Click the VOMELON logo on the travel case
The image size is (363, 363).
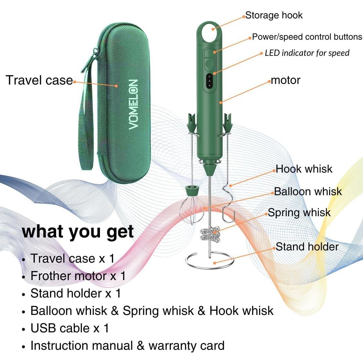133,104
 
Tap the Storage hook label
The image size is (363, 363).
274,15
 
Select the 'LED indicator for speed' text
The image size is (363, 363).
307,53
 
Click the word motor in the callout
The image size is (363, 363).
286,80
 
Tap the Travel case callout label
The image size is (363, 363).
39,80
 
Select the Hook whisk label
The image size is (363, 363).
304,169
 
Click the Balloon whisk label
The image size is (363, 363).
308,191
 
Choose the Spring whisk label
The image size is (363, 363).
299,212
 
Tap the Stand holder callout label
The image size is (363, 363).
307,247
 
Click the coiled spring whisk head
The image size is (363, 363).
210,235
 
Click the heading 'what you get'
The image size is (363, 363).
78,231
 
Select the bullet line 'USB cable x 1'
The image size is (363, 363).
70,328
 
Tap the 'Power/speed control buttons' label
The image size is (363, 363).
307,37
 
